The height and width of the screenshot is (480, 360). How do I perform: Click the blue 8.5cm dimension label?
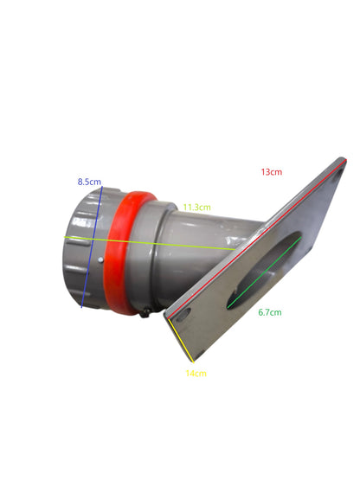coord(89,182)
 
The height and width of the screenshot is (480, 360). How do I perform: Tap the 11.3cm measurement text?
coord(197,208)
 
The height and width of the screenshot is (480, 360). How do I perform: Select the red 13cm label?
coord(271,172)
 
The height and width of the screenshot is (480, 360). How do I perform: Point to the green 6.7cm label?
coord(269,312)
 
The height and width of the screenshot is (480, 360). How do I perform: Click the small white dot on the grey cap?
coord(100,257)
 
